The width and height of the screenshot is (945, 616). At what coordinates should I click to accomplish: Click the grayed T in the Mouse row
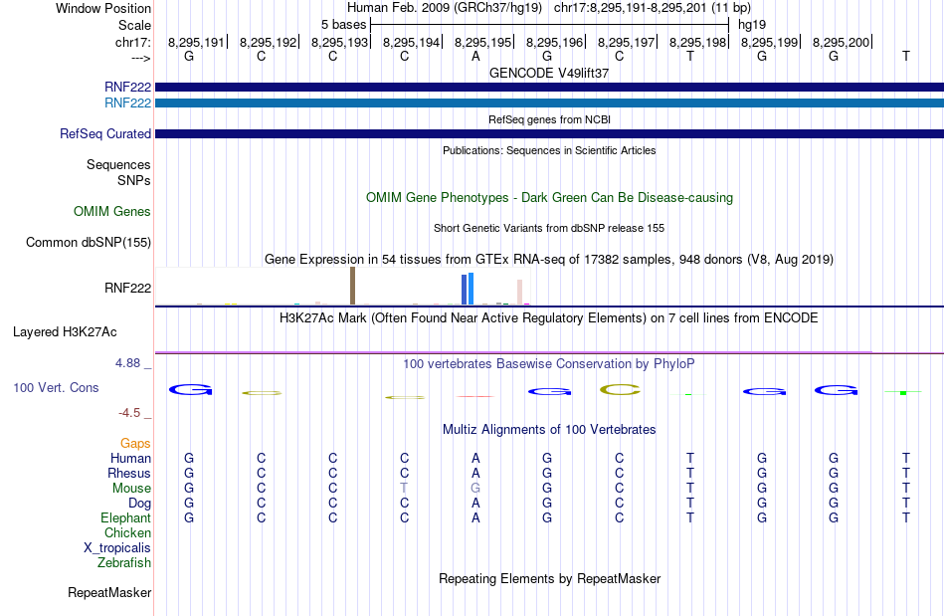404,488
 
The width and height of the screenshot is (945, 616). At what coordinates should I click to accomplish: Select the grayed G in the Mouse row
475,488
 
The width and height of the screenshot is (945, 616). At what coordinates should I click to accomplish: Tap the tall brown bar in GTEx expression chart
352,286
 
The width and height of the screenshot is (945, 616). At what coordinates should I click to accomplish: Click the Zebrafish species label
124,562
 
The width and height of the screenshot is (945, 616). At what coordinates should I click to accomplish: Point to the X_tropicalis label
117,548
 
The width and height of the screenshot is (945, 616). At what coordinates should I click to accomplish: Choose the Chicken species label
127,532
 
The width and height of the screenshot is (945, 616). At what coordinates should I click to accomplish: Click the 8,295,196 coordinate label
554,42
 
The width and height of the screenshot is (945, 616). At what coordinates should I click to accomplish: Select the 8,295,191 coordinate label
196,42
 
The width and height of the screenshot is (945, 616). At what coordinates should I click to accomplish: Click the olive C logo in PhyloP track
620,390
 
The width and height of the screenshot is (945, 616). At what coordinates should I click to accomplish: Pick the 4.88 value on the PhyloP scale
127,363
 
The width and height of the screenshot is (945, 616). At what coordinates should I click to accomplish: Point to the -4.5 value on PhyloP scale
129,412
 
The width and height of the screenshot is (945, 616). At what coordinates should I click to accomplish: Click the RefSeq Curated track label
105,133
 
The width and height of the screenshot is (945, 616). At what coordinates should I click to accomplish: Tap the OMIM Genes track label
112,211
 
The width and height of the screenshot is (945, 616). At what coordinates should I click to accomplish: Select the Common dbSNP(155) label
89,242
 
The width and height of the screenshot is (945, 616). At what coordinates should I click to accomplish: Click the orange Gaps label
135,443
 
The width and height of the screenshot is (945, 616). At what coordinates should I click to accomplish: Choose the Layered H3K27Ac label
65,332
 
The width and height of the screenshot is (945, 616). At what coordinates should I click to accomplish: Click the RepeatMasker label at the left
109,592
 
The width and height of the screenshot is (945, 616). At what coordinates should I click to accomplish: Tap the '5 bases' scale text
343,25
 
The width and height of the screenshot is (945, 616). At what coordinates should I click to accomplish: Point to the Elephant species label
126,517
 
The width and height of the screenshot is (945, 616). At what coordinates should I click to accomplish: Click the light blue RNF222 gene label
127,103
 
